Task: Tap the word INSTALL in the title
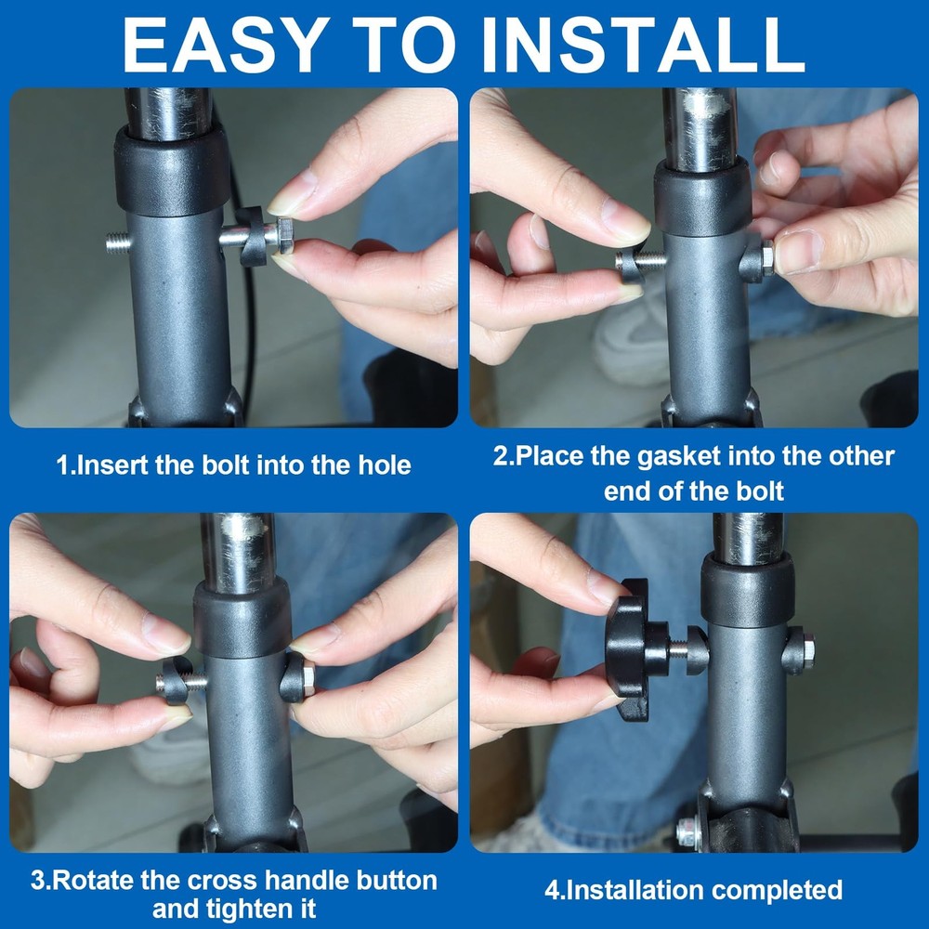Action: [643, 44]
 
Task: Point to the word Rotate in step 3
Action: [90, 881]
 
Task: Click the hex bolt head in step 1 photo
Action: [284, 236]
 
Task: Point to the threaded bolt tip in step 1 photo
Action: [118, 242]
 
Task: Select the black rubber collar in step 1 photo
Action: [172, 172]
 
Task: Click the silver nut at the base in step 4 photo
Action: [688, 831]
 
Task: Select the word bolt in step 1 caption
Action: [225, 465]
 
